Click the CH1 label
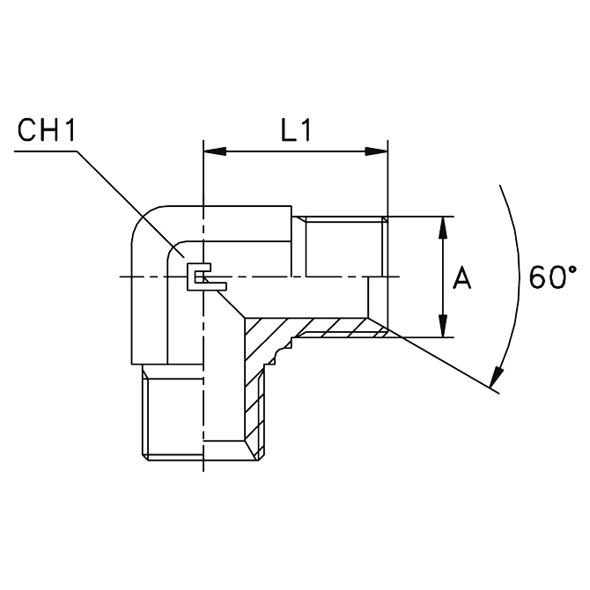point(47,130)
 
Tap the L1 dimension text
point(296,130)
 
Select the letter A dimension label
point(461,277)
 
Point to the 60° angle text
point(553,277)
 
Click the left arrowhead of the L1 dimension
point(215,151)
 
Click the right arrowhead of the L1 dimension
point(376,151)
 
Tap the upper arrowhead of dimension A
point(444,228)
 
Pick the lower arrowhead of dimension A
point(444,326)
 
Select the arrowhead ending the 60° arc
point(496,377)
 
